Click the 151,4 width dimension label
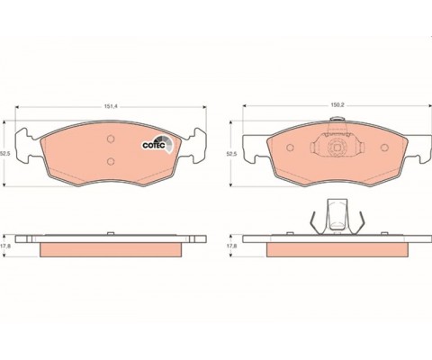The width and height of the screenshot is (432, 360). tap(111, 106)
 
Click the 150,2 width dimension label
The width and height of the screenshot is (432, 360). tap(337, 105)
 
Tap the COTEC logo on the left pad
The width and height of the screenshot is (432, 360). tap(157, 143)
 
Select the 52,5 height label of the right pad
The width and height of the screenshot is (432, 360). tap(231, 154)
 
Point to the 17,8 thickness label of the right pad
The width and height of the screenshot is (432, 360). tap(231, 246)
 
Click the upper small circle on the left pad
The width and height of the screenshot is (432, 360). tap(111, 139)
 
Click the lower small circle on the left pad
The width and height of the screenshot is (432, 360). tap(111, 161)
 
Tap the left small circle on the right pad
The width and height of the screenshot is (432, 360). tap(290, 148)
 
